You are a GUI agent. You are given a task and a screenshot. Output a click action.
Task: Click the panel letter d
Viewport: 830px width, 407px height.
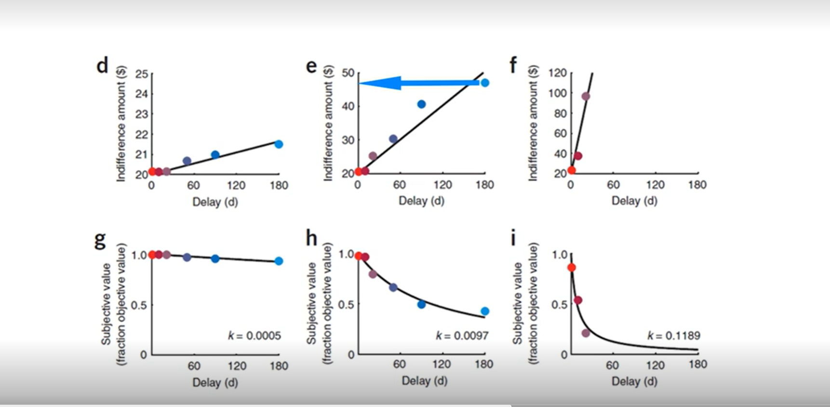click(x=102, y=65)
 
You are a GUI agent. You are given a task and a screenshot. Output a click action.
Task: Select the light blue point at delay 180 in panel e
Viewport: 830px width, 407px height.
click(x=485, y=83)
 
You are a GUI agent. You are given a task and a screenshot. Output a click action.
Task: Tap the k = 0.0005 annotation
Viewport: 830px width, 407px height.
click(x=254, y=336)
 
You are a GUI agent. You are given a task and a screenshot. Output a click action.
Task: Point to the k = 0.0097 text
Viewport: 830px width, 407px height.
click(x=462, y=336)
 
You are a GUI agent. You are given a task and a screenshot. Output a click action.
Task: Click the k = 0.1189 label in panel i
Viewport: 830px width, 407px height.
click(x=674, y=336)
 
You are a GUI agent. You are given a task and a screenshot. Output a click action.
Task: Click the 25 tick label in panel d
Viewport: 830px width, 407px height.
click(x=141, y=74)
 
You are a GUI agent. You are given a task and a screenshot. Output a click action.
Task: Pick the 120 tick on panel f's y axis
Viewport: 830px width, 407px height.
click(x=557, y=73)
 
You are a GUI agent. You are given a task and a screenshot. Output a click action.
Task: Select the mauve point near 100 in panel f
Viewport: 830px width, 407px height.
click(x=586, y=96)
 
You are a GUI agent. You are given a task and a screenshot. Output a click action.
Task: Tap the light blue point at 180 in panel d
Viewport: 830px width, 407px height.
click(x=279, y=144)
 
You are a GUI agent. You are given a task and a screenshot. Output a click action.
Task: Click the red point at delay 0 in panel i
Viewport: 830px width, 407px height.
click(x=571, y=268)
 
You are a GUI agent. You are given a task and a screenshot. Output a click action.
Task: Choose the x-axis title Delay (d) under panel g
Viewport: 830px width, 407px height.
click(x=215, y=382)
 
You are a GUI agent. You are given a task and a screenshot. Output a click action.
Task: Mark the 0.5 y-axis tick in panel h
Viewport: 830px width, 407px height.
click(x=346, y=305)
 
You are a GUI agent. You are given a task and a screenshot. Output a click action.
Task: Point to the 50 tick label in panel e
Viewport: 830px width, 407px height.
click(x=348, y=73)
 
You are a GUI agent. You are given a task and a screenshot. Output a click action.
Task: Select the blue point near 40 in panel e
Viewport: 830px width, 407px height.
click(x=421, y=104)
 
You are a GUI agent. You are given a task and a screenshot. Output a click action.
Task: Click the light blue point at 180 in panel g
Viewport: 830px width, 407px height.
click(x=279, y=261)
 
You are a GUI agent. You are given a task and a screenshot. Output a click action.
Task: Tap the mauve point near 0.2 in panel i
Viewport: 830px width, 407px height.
click(x=586, y=333)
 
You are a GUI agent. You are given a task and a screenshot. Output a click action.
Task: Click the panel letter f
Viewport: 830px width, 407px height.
click(x=513, y=65)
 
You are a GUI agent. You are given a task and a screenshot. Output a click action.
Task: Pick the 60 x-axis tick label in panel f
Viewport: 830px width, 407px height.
click(x=613, y=185)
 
